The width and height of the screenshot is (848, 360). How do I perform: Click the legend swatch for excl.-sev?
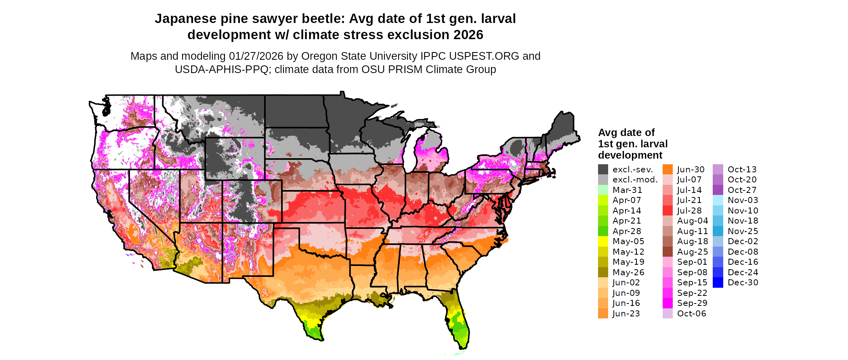(x=603, y=170)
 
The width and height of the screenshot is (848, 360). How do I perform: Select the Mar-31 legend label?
(x=627, y=190)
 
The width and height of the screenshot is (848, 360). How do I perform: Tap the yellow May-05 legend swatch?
(x=603, y=241)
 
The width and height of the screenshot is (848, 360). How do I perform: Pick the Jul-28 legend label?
(x=689, y=211)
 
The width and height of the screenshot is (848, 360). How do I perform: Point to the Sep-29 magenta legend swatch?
(x=667, y=303)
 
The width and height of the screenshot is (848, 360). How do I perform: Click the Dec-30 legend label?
(x=743, y=283)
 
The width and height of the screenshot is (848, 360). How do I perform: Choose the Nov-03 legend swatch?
(x=718, y=200)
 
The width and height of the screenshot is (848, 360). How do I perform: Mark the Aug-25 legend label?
(x=692, y=252)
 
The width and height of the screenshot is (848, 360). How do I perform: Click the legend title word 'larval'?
(x=653, y=144)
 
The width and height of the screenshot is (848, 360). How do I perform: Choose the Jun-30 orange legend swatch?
(x=667, y=170)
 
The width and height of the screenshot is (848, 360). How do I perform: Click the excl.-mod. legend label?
(x=635, y=180)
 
